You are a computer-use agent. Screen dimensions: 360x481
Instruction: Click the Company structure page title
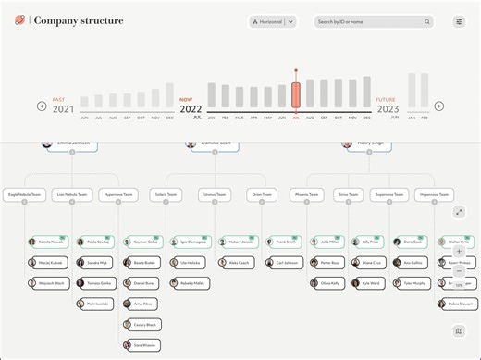coord(79,21)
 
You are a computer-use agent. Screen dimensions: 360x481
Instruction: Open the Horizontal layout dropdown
coord(273,21)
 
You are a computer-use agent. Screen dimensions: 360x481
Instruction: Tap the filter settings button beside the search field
coord(459,21)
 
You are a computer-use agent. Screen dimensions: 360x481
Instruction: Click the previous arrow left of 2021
coord(42,106)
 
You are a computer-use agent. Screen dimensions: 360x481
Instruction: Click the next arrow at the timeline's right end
coord(438,106)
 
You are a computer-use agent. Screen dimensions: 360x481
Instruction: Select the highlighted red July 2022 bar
coord(296,95)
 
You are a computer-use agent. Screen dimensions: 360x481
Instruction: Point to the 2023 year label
coord(388,109)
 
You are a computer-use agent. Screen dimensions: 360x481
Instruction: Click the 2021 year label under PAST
coord(63,109)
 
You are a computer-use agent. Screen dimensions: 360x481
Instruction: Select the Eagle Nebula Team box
coord(25,195)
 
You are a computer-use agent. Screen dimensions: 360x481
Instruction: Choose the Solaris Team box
coord(167,195)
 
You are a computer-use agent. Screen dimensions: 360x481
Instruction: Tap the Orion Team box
coord(262,195)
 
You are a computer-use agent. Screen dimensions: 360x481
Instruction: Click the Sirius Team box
coord(349,195)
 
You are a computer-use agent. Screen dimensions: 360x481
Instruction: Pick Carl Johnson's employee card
coord(284,263)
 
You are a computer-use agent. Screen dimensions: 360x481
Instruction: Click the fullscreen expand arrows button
coord(459,213)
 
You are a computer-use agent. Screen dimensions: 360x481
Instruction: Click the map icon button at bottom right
coord(459,330)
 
